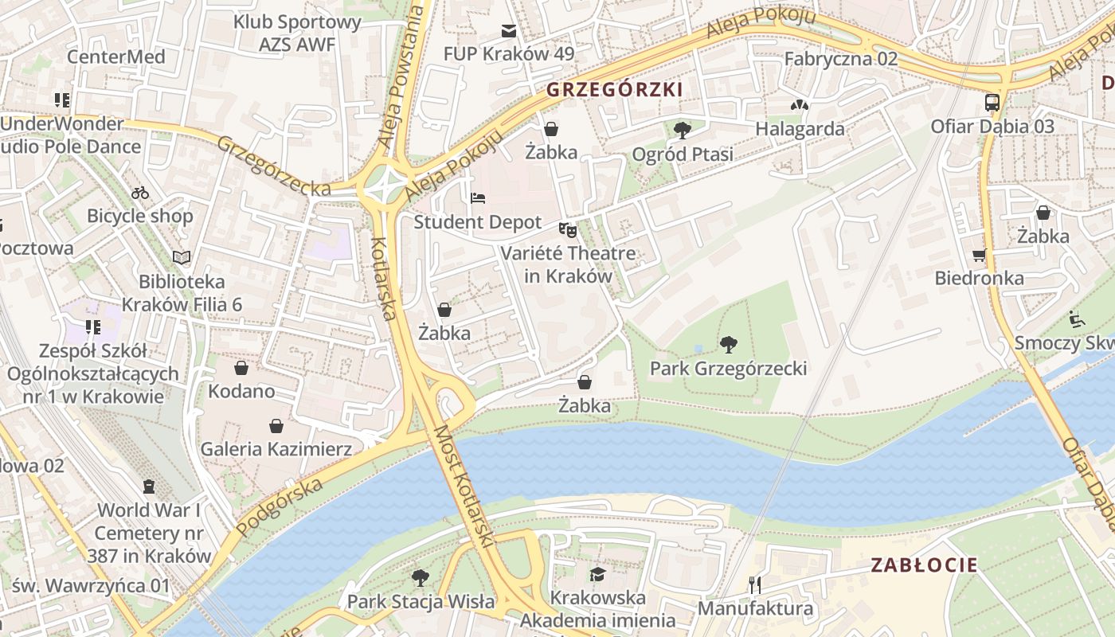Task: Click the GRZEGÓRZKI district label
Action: point(614,89)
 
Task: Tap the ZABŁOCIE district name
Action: point(924,565)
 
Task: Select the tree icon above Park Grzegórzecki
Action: point(728,345)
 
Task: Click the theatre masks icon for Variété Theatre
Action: point(568,230)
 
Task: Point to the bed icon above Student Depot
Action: point(478,198)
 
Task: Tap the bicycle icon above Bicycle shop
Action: point(140,193)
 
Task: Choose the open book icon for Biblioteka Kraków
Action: point(182,257)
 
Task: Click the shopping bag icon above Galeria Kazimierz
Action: point(276,426)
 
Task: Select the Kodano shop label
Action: point(241,391)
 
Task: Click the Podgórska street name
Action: point(280,506)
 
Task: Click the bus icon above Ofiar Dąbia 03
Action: point(992,102)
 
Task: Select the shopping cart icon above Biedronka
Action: point(979,256)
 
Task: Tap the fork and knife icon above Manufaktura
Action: point(755,585)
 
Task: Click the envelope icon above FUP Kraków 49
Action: point(508,31)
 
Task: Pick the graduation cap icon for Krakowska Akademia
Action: point(597,574)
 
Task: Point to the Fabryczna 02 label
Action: point(840,59)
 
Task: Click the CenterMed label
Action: point(116,57)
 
